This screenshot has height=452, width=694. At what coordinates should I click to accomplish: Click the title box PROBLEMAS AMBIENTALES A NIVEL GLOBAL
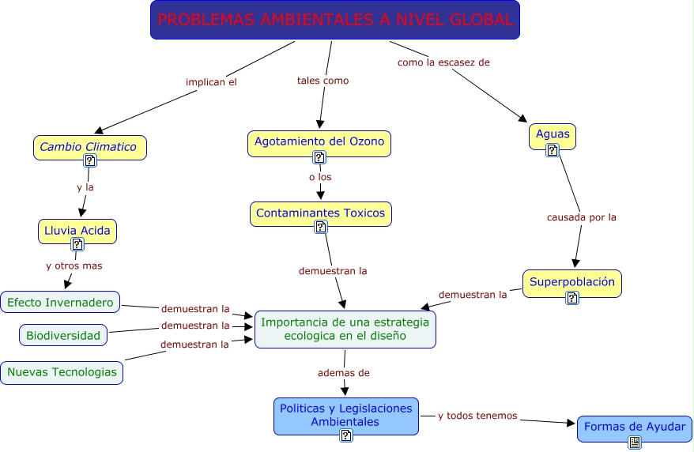[335, 21]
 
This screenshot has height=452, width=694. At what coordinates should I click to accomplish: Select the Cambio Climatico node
[89, 146]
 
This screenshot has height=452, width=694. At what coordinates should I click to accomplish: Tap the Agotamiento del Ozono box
[319, 142]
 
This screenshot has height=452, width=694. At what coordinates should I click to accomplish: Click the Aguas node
[552, 135]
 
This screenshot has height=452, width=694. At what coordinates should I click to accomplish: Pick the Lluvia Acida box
[77, 230]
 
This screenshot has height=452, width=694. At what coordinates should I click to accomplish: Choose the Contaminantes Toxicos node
[321, 213]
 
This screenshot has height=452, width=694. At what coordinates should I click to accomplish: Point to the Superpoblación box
[571, 282]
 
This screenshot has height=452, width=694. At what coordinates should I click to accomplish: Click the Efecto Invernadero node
[61, 302]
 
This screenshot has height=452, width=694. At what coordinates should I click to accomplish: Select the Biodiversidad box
[63, 335]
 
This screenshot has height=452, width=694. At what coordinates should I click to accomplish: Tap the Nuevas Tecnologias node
[62, 372]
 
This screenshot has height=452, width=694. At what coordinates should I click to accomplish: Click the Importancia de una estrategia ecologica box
[345, 329]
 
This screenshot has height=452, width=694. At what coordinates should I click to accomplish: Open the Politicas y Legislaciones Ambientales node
[345, 416]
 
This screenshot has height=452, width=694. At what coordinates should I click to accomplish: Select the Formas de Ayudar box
[634, 427]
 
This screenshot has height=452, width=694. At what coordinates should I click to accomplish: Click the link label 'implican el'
[211, 81]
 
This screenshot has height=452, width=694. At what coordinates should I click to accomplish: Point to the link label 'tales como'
[322, 81]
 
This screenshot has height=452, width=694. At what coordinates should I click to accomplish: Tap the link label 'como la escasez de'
[443, 62]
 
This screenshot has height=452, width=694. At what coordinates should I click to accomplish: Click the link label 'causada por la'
[581, 217]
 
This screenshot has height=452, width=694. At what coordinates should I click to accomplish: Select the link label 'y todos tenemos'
[477, 416]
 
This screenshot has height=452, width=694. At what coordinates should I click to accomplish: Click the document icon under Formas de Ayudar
[634, 443]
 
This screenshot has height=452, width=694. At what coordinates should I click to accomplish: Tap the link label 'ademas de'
[343, 372]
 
